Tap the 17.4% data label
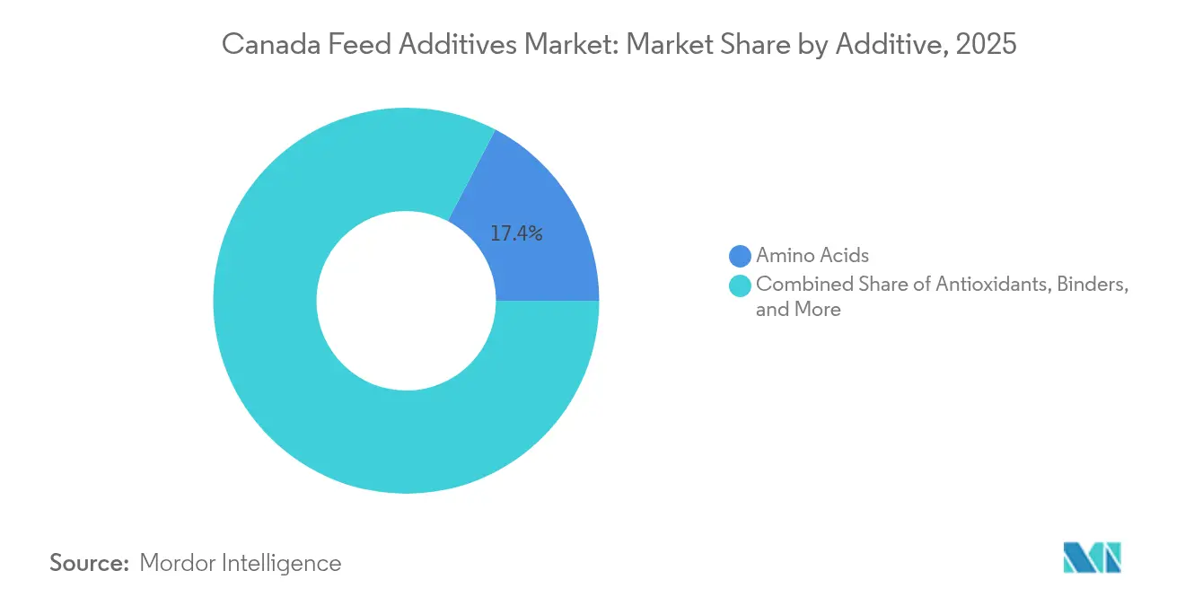click(x=516, y=234)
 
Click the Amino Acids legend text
click(x=812, y=256)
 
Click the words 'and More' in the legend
click(x=798, y=310)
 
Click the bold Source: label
click(x=90, y=563)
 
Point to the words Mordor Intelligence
click(x=241, y=563)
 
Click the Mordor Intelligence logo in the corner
click(x=1092, y=557)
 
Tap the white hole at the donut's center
click(x=406, y=301)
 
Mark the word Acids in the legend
click(x=844, y=256)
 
